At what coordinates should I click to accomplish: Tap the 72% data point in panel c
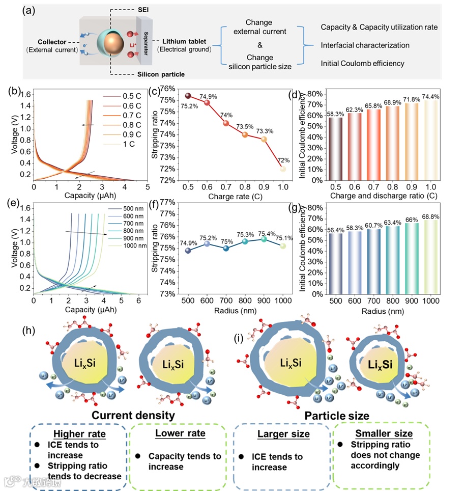point(283,169)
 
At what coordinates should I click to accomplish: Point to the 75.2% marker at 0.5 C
point(188,96)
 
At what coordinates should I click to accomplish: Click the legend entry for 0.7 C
point(132,116)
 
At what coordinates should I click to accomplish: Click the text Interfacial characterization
point(365,45)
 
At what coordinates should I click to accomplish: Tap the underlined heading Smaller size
point(384,433)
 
